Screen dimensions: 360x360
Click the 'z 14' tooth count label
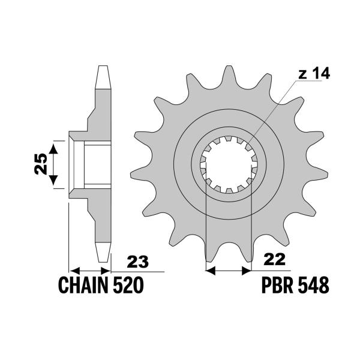[313, 74]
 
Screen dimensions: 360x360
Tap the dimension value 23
[138, 262]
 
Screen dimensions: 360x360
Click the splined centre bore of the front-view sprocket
[228, 165]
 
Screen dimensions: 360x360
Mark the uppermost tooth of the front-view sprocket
[228, 73]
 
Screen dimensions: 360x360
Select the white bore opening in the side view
[97, 165]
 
